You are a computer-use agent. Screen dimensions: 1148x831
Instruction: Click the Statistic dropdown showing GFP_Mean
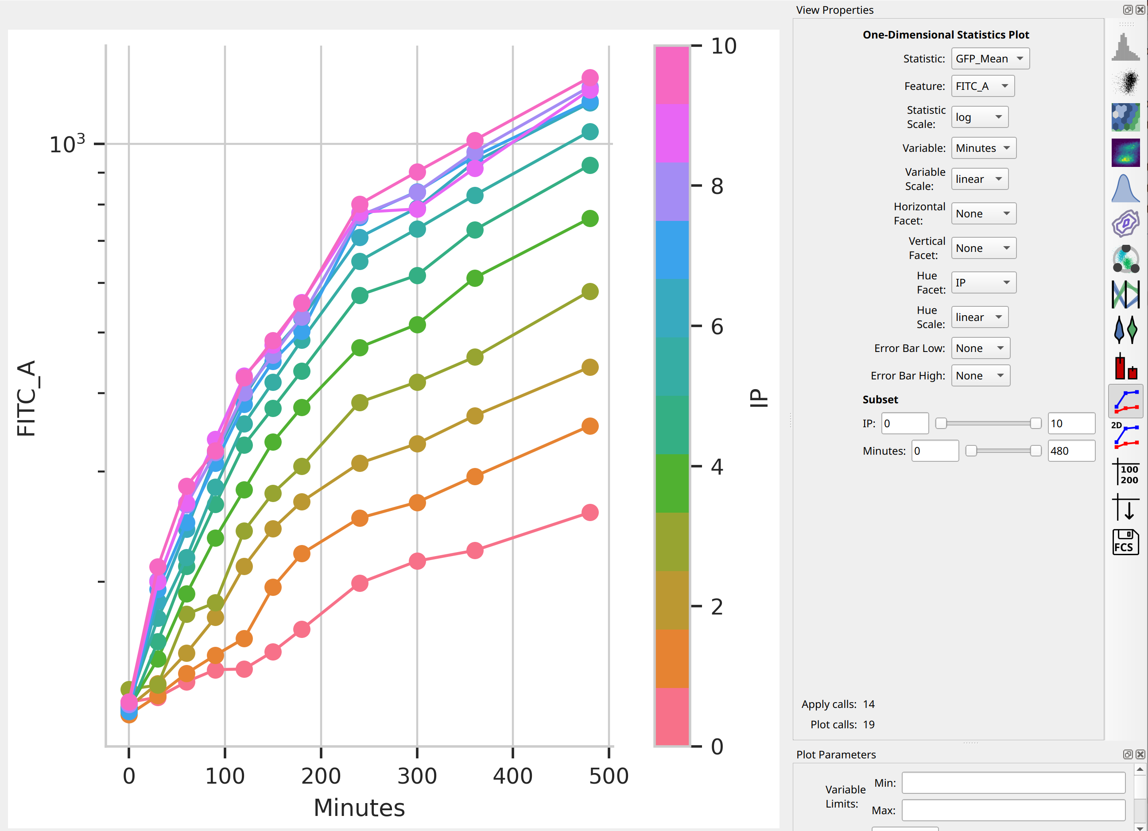pos(990,59)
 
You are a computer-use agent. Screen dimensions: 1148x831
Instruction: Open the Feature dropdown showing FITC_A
pos(982,86)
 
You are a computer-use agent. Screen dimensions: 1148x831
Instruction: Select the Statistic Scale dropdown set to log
pos(979,117)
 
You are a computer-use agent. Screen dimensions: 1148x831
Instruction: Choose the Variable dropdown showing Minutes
pos(984,148)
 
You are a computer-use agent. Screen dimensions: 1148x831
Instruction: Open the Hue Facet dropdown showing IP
pos(984,282)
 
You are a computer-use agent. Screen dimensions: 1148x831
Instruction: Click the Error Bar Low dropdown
pos(981,348)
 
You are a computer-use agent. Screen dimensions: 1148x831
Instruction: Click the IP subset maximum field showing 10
pos(1071,423)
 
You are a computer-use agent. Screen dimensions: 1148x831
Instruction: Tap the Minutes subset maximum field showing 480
pos(1071,450)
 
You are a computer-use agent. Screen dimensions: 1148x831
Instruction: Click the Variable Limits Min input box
pos(1013,783)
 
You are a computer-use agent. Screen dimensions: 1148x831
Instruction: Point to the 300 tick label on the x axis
pos(417,776)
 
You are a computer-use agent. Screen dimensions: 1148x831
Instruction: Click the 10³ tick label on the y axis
pos(67,144)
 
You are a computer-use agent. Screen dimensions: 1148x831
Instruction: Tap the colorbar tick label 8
pos(717,186)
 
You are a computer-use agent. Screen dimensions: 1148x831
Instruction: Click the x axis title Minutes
pos(359,808)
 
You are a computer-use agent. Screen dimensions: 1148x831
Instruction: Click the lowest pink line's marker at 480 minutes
pos(590,513)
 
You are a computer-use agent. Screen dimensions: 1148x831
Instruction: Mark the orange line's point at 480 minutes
pos(590,426)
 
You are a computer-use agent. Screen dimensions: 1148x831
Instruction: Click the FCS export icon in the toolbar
pos(1125,542)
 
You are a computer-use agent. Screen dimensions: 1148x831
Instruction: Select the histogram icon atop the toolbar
pos(1125,47)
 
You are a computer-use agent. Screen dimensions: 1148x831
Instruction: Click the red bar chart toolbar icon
pos(1125,366)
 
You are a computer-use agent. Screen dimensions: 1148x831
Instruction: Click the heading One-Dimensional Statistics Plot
pos(946,35)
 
